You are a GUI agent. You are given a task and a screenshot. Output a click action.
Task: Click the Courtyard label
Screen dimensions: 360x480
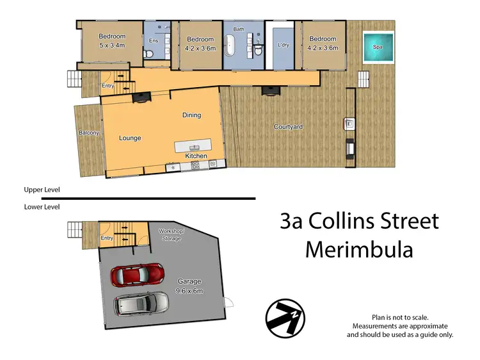pyautogui.click(x=288, y=127)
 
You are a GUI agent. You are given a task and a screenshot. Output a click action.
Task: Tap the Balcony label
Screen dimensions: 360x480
pyautogui.click(x=89, y=133)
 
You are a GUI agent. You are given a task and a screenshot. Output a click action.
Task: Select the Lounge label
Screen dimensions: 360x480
pyautogui.click(x=130, y=138)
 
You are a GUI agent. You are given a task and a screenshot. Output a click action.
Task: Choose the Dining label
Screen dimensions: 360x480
pyautogui.click(x=191, y=115)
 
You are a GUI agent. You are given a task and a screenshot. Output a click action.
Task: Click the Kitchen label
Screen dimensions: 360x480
pyautogui.click(x=196, y=156)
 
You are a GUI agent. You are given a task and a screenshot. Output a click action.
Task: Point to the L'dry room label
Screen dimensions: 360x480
pyautogui.click(x=284, y=45)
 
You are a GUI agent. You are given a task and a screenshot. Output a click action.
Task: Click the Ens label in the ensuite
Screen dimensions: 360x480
pyautogui.click(x=154, y=41)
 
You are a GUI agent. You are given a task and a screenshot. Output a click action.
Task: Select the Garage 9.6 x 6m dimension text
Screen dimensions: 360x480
pyautogui.click(x=189, y=291)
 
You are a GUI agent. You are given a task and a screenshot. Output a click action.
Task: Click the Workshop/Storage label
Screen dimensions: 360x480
pyautogui.click(x=172, y=235)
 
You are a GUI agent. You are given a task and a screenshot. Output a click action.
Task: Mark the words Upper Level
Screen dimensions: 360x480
pyautogui.click(x=42, y=190)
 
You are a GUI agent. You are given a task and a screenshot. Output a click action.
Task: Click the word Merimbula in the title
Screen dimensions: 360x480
pyautogui.click(x=359, y=249)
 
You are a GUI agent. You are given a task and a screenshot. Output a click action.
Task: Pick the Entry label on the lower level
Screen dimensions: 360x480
pyautogui.click(x=107, y=238)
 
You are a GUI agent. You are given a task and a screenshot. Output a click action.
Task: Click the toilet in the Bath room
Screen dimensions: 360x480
pyautogui.click(x=258, y=50)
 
